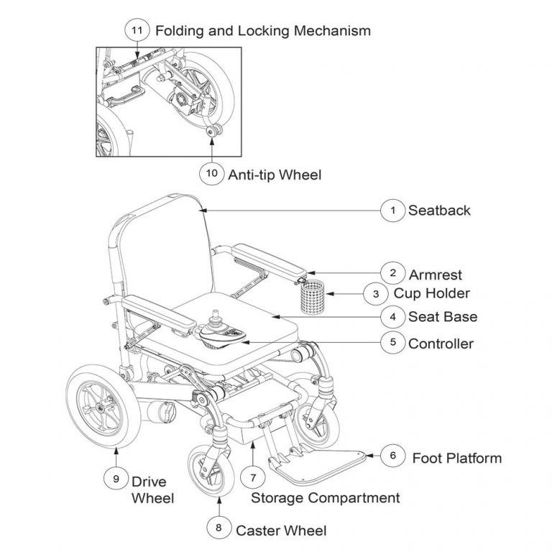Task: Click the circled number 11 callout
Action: [x=137, y=30]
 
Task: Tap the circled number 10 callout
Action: [x=212, y=173]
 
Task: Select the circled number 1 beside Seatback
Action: [x=392, y=210]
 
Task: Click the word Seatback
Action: [x=439, y=211]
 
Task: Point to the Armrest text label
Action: [x=435, y=274]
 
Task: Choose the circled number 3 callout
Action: [x=376, y=293]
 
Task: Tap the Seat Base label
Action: [x=443, y=316]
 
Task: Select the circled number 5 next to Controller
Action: [x=392, y=343]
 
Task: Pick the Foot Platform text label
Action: [x=456, y=458]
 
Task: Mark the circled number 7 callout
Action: [x=252, y=477]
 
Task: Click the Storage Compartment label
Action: [x=325, y=497]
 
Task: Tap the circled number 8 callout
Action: [x=218, y=529]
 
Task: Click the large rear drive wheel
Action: [x=100, y=407]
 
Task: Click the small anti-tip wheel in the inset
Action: [x=212, y=131]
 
